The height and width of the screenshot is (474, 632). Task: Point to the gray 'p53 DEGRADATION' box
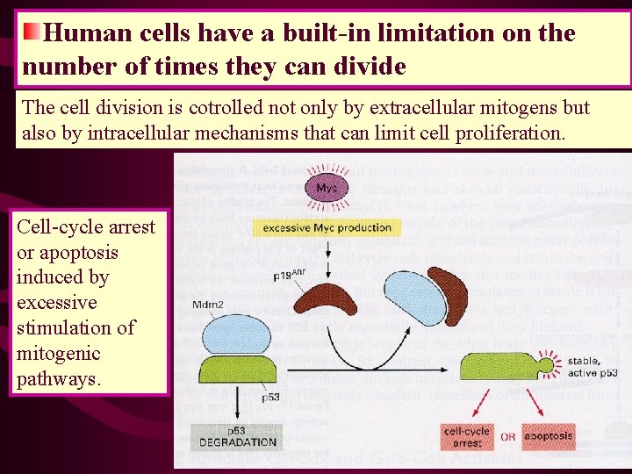pos(237,436)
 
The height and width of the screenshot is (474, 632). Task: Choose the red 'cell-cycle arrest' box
pos(467,437)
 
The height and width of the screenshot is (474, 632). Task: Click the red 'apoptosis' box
pos(549,436)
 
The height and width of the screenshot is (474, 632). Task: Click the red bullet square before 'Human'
pos(32,33)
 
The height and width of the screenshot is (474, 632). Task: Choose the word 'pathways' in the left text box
pos(57,379)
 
